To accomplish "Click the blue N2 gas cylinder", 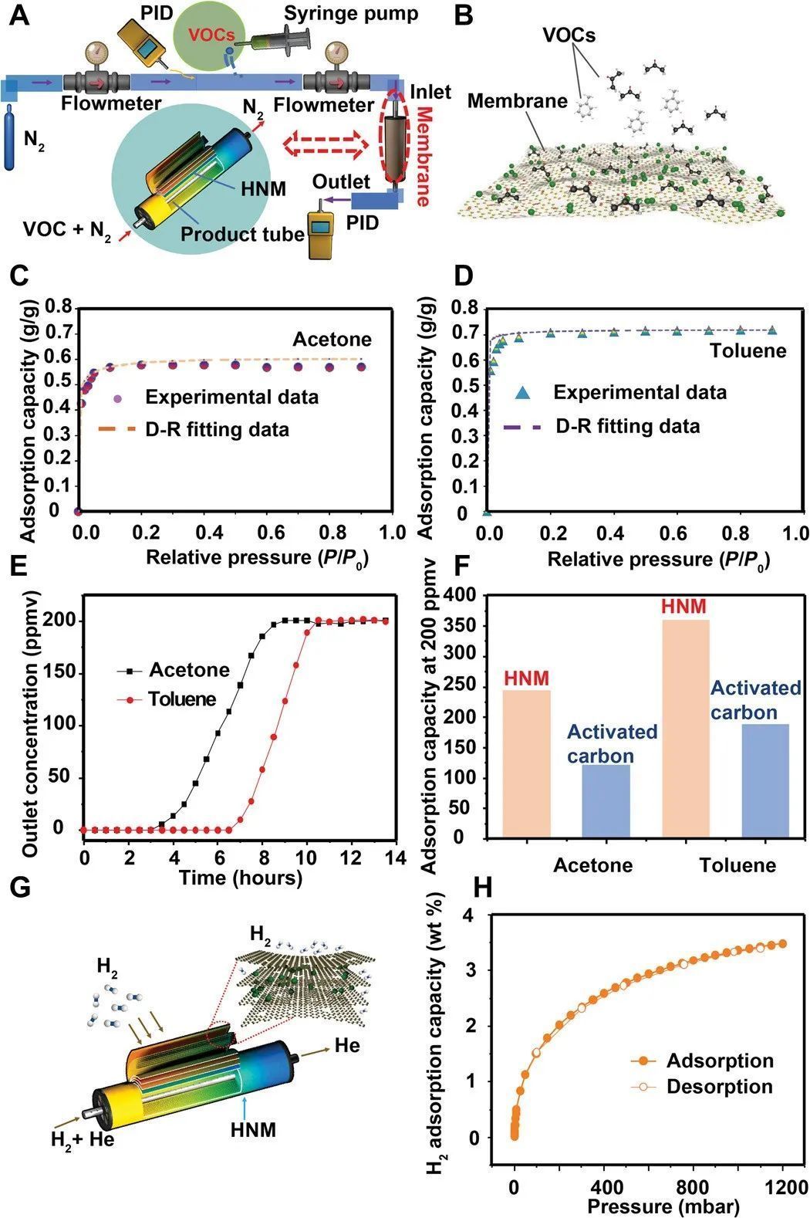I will (x=11, y=139).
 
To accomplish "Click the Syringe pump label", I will (x=351, y=13).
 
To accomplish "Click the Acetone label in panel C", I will (x=332, y=340).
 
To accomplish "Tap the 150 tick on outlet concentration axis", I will (x=62, y=672).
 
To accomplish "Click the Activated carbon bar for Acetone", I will (x=606, y=800).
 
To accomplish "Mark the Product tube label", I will (x=242, y=234).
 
